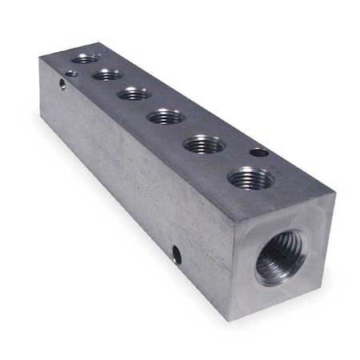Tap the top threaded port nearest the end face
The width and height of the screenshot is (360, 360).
point(250,178)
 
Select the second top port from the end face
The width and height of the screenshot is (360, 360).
point(205,145)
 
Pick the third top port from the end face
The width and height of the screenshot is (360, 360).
point(166,117)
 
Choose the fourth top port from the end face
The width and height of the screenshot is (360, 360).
point(134,94)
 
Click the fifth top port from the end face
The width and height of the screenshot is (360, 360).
point(106,74)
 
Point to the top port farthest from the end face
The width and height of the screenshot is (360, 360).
point(84,58)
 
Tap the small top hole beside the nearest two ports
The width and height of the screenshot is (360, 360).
point(259,151)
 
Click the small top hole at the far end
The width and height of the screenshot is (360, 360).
point(71,73)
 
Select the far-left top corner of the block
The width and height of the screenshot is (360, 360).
point(40,58)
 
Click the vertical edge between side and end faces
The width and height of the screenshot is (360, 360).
point(235,272)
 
